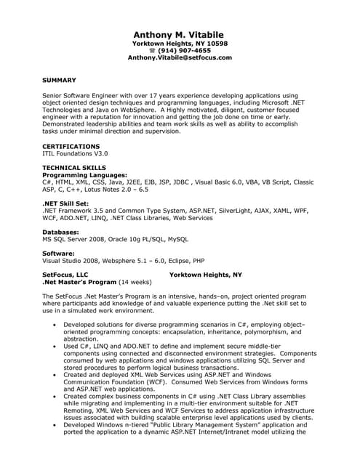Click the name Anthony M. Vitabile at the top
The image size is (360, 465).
(x=179, y=34)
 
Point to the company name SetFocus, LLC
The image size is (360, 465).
(x=70, y=275)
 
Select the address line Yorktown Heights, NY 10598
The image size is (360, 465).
(x=179, y=44)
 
